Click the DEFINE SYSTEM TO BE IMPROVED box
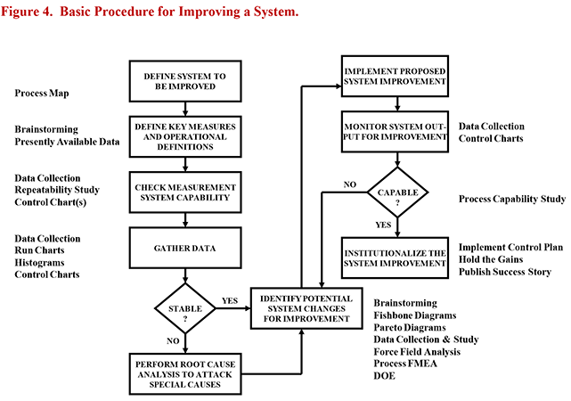coord(185,81)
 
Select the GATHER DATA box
coord(185,248)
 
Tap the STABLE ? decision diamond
coord(185,308)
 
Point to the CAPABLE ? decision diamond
coord(397,192)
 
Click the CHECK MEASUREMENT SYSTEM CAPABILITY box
coord(185,192)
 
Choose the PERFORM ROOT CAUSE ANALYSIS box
coord(185,374)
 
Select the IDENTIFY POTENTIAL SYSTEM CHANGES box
coord(306,308)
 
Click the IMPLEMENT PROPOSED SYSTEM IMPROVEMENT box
coord(395,76)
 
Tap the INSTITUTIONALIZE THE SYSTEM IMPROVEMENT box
coord(395,258)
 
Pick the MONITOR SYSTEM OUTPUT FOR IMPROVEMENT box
coord(395,132)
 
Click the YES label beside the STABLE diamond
coord(230,301)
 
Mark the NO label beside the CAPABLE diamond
coord(349,184)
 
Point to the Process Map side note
coord(42,94)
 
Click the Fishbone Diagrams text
coord(415,315)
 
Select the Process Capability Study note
coord(512,199)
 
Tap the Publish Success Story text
coord(505,272)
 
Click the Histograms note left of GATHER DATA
coord(39,263)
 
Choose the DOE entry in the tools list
coord(384,375)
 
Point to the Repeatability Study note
coord(57,190)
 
